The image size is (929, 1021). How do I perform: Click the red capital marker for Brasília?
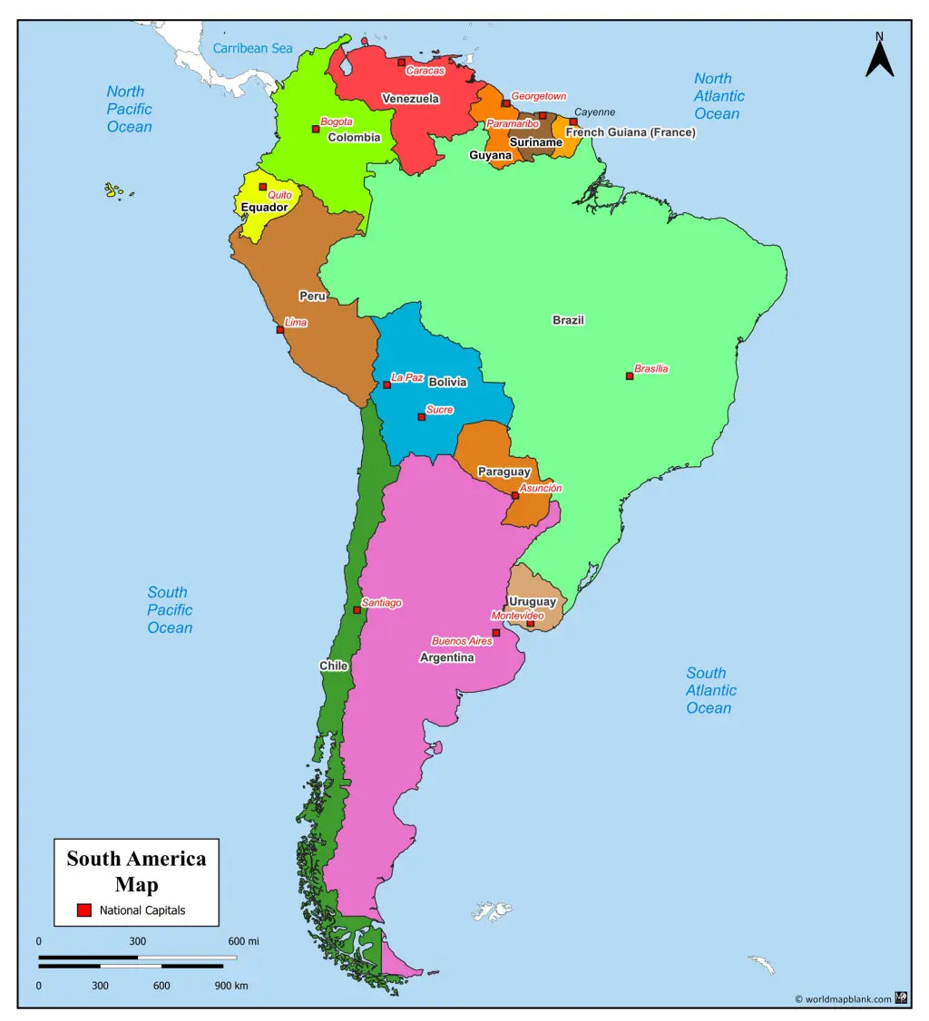(x=630, y=376)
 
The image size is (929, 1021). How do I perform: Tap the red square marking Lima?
(x=280, y=330)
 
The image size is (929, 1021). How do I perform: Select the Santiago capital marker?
(x=357, y=610)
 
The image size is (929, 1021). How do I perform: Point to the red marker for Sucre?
(x=421, y=417)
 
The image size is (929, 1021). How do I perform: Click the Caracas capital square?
(x=401, y=63)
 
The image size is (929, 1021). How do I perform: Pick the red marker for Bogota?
(x=316, y=129)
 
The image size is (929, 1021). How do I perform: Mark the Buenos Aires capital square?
(x=495, y=633)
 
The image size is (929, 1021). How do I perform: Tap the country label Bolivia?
(x=448, y=383)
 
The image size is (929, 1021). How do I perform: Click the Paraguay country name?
(x=504, y=472)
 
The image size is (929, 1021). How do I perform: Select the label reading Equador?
(x=264, y=208)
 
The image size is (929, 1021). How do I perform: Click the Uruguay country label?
(x=533, y=602)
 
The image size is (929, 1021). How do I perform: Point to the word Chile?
(x=333, y=666)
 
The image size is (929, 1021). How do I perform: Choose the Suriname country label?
(x=535, y=142)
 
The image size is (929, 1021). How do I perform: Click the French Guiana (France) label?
(x=631, y=132)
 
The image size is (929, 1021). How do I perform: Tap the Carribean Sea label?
(x=253, y=48)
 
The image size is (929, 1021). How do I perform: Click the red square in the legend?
(x=83, y=910)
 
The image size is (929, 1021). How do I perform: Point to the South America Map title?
(x=136, y=871)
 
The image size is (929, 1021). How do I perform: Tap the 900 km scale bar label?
(x=231, y=986)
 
